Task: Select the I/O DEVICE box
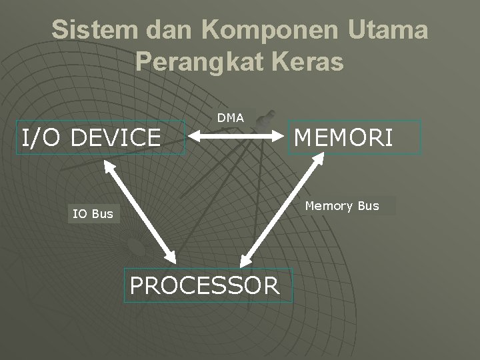[101, 138]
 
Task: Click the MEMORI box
[355, 137]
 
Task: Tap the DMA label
[231, 118]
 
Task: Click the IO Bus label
[93, 214]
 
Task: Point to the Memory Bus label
[342, 206]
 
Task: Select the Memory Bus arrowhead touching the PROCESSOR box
[246, 260]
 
